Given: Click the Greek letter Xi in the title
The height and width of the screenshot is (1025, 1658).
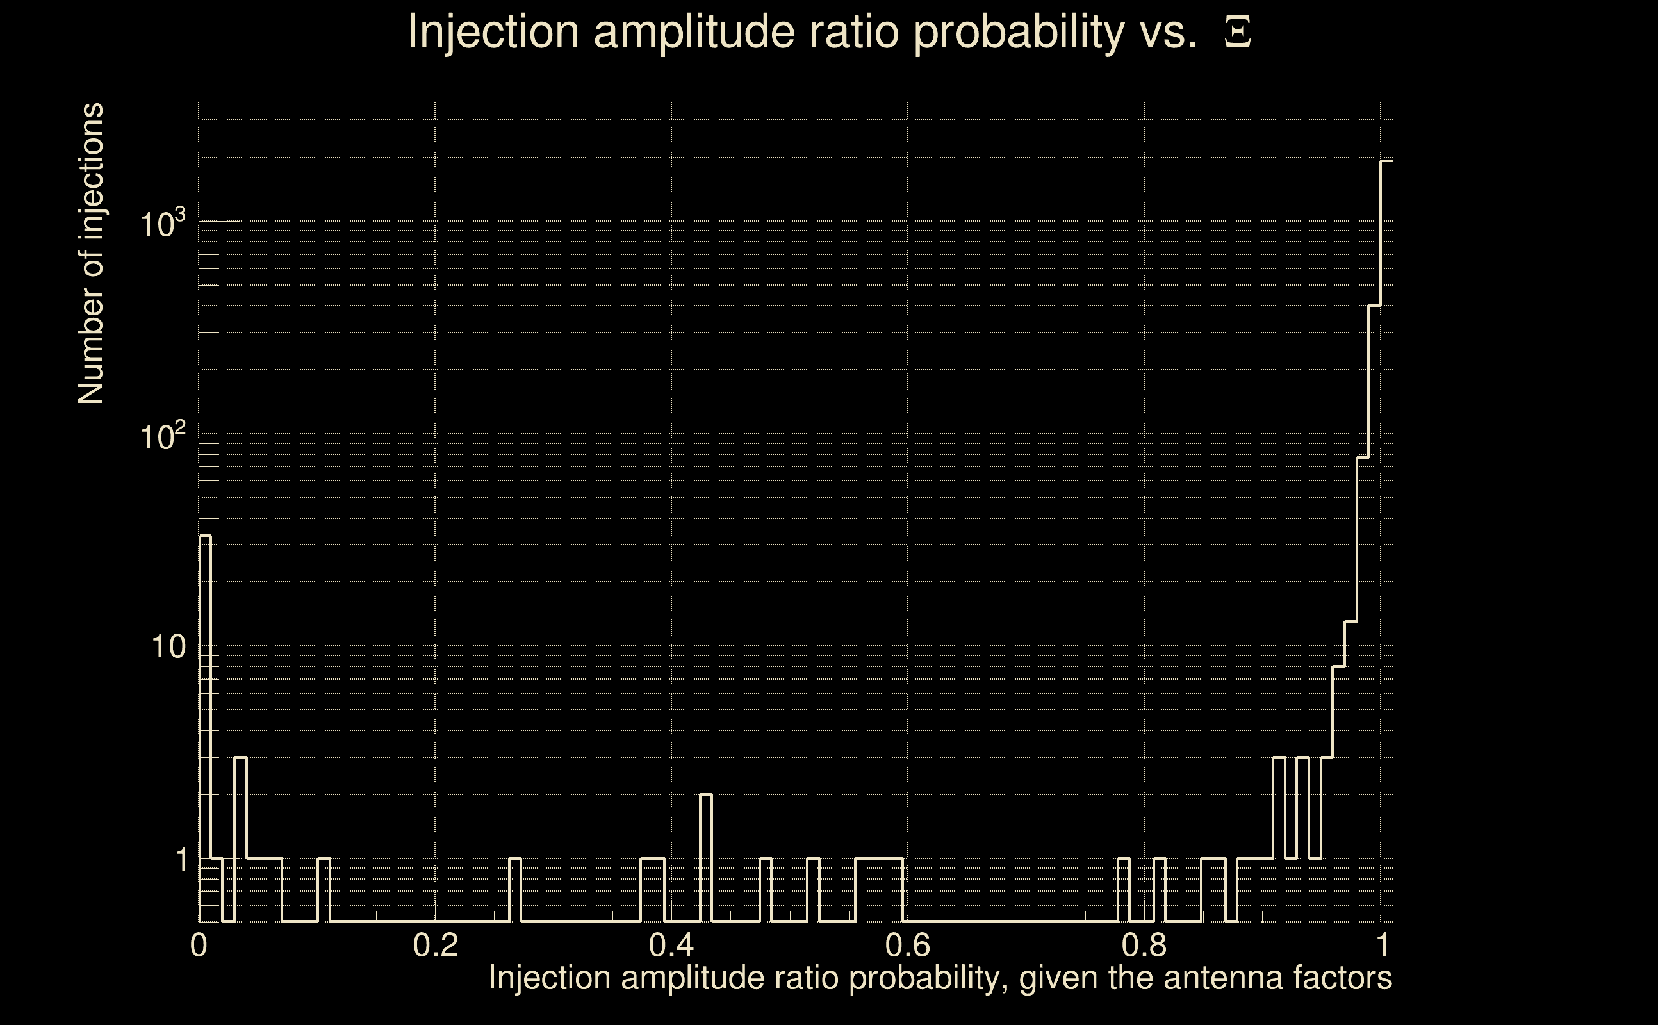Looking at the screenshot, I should point(1238,32).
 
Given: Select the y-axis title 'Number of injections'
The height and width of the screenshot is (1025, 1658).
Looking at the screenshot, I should point(91,254).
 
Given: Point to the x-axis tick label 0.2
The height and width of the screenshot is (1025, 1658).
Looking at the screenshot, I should point(435,945).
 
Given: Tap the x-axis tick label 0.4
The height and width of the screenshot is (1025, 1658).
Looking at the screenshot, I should point(671,945).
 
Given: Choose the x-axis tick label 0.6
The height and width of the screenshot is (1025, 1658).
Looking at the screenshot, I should point(908,945).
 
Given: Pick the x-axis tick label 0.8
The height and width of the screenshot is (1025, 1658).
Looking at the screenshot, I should point(1144,945).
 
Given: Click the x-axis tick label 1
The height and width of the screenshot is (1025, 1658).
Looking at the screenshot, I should point(1381,945).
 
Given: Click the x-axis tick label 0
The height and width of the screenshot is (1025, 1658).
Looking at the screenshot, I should point(199,945).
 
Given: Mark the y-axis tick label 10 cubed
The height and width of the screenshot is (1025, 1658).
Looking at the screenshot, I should point(163,224).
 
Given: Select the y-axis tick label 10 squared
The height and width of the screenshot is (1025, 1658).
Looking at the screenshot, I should point(163,436).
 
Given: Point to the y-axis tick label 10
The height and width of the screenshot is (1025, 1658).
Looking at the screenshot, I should point(168,647).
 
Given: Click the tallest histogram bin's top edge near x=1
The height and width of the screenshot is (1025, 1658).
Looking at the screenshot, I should point(1387,161).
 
